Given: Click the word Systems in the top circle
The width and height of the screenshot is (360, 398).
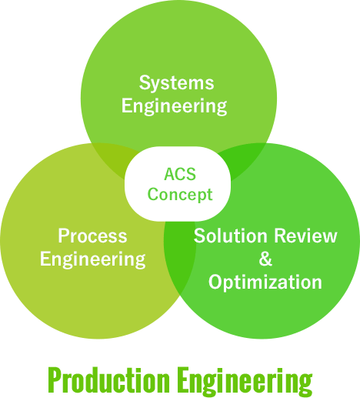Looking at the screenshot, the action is pyautogui.click(x=176, y=83).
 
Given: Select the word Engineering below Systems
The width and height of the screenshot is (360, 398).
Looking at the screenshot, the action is pyautogui.click(x=174, y=106).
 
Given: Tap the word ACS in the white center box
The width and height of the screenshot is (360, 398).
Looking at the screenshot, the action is pyautogui.click(x=180, y=174).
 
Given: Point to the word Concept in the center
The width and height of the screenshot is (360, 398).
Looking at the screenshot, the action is pyautogui.click(x=180, y=195).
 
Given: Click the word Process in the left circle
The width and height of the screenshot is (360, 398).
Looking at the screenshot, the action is pyautogui.click(x=92, y=236).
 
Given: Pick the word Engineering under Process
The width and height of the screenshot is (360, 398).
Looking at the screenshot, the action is pyautogui.click(x=93, y=259).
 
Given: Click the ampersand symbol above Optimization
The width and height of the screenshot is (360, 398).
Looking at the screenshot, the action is pyautogui.click(x=265, y=259).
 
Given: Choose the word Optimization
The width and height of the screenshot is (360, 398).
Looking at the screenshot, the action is pyautogui.click(x=265, y=283).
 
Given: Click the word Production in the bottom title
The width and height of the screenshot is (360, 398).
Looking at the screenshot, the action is pyautogui.click(x=109, y=380).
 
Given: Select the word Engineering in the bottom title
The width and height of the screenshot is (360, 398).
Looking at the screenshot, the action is pyautogui.click(x=245, y=382).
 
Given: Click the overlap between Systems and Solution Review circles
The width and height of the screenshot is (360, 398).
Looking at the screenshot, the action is pyautogui.click(x=242, y=159).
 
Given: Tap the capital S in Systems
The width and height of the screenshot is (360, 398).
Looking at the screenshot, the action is pyautogui.click(x=145, y=82).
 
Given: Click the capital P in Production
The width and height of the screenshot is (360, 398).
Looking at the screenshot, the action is pyautogui.click(x=55, y=380).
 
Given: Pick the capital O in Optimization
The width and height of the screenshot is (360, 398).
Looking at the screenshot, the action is pyautogui.click(x=215, y=282).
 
